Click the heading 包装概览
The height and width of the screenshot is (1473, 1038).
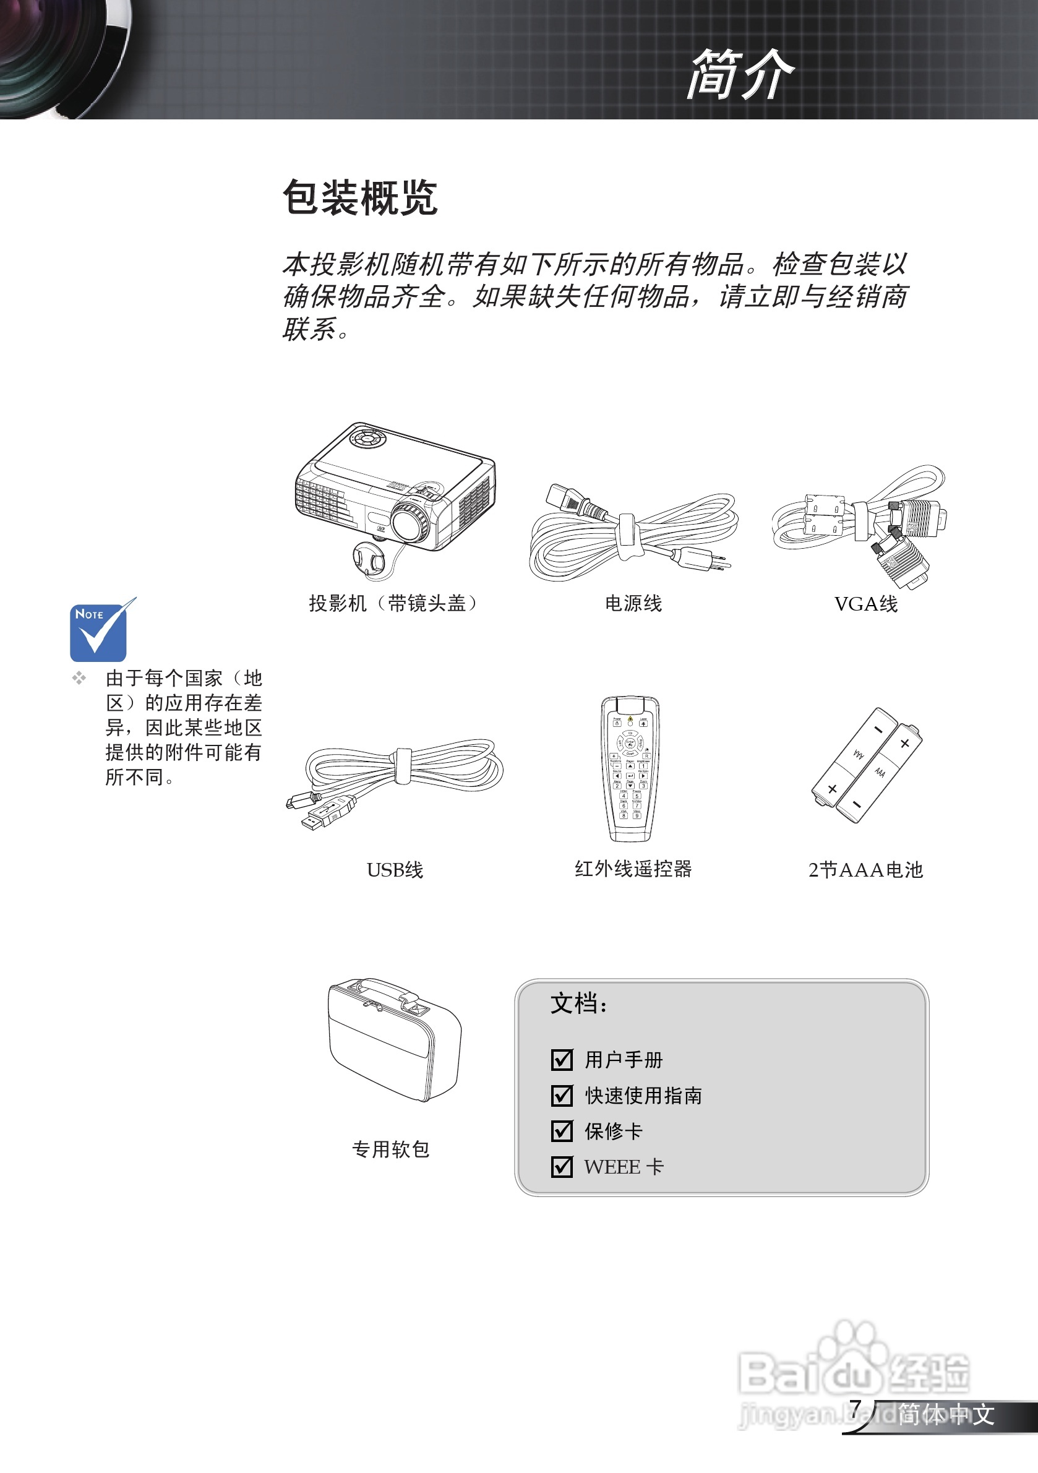tap(360, 197)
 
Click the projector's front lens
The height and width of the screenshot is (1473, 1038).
tap(408, 523)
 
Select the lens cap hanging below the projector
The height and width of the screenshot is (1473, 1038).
tap(368, 557)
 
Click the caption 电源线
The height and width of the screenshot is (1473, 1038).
tap(633, 603)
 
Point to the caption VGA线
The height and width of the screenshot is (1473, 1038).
tap(865, 604)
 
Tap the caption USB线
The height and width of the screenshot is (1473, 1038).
tap(395, 869)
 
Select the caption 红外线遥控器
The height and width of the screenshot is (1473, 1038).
tap(633, 869)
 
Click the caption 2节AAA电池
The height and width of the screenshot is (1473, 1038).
tap(865, 869)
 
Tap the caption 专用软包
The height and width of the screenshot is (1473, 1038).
tap(390, 1149)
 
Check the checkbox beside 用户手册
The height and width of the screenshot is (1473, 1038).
tap(562, 1059)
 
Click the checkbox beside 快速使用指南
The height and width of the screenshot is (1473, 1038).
tap(562, 1095)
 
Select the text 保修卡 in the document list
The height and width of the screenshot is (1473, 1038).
tap(612, 1131)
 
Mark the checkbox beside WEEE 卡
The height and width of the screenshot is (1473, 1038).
tap(562, 1166)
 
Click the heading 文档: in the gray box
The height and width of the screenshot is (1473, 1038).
tap(578, 1003)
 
